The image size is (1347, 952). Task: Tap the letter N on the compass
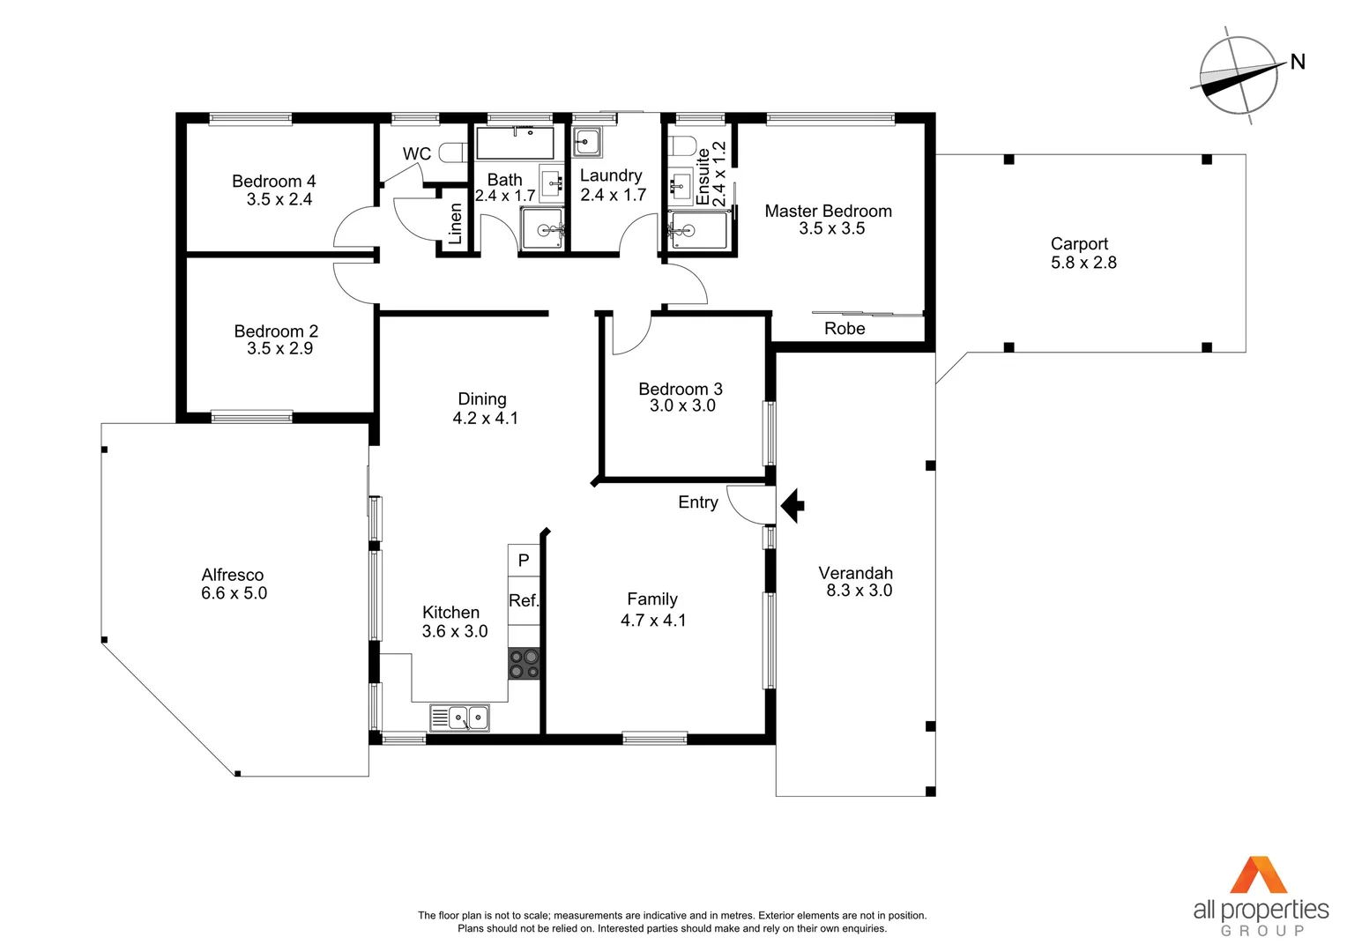(1297, 62)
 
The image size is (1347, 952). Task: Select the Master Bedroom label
(828, 212)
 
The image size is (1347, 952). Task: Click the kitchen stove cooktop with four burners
(524, 663)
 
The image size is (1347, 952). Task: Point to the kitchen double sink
(459, 718)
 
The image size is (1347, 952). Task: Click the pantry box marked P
(524, 561)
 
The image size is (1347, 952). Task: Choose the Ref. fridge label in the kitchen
(523, 600)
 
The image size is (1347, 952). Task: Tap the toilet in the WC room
(451, 153)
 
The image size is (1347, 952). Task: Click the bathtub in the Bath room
(515, 143)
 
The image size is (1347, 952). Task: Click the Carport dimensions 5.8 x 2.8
(1083, 263)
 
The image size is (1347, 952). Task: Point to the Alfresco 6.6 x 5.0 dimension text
(234, 593)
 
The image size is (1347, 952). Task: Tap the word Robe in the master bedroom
(844, 329)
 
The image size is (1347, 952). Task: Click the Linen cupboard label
(455, 224)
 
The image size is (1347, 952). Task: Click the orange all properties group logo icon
(1259, 875)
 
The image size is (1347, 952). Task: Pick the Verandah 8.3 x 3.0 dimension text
(859, 591)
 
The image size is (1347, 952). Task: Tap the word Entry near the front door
(697, 502)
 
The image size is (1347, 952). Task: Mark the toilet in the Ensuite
(681, 145)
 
